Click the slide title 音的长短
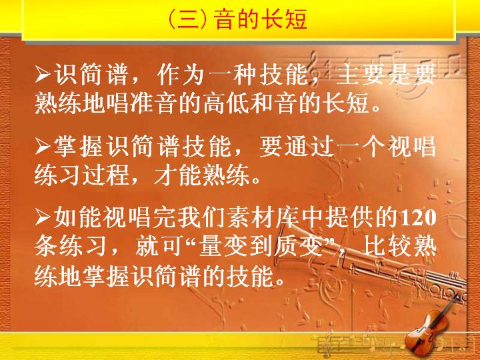coord(261,19)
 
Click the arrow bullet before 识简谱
coord(43,74)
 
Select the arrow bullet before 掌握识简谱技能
coord(43,147)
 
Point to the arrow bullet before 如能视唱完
coord(43,217)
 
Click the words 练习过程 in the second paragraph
coord(81,175)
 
